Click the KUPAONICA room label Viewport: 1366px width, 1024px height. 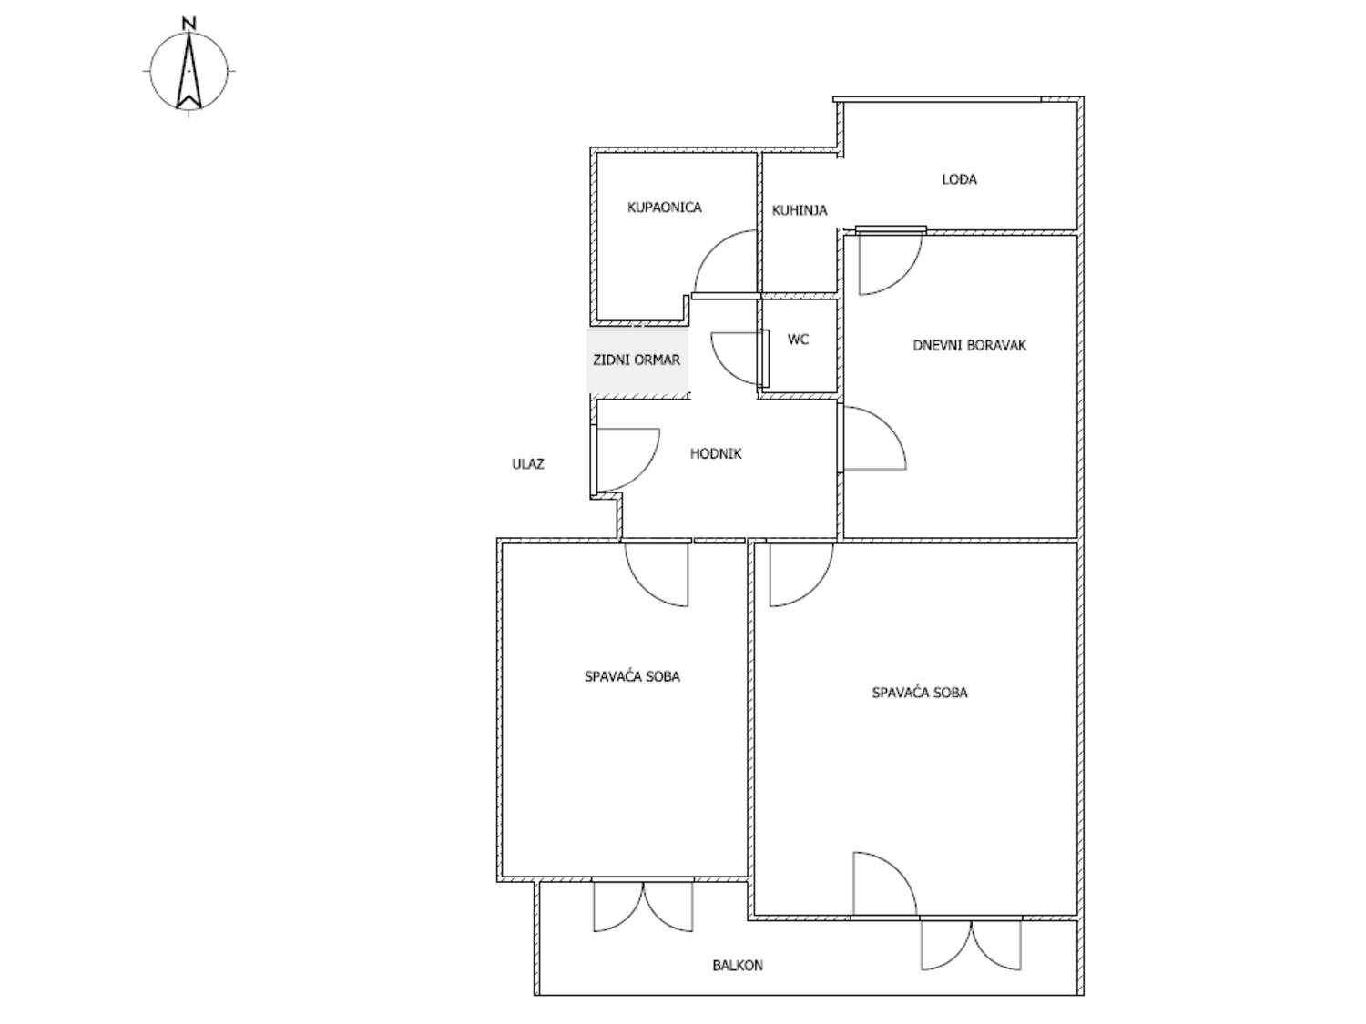click(664, 207)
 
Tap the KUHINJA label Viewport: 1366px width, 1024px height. click(799, 210)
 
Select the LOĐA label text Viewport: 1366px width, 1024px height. click(959, 179)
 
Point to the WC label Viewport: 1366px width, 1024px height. click(798, 339)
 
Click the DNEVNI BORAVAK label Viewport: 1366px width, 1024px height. click(969, 345)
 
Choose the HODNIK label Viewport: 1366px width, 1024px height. click(716, 454)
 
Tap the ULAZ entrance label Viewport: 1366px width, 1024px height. click(527, 464)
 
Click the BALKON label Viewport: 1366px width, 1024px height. click(738, 966)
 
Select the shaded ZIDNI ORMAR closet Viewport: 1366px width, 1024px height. click(637, 360)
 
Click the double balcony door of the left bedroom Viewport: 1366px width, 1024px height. click(643, 907)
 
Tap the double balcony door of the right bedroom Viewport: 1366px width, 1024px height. click(971, 945)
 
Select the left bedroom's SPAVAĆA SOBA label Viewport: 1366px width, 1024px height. click(632, 676)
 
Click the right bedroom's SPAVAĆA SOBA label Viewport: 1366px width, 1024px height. click(919, 693)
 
